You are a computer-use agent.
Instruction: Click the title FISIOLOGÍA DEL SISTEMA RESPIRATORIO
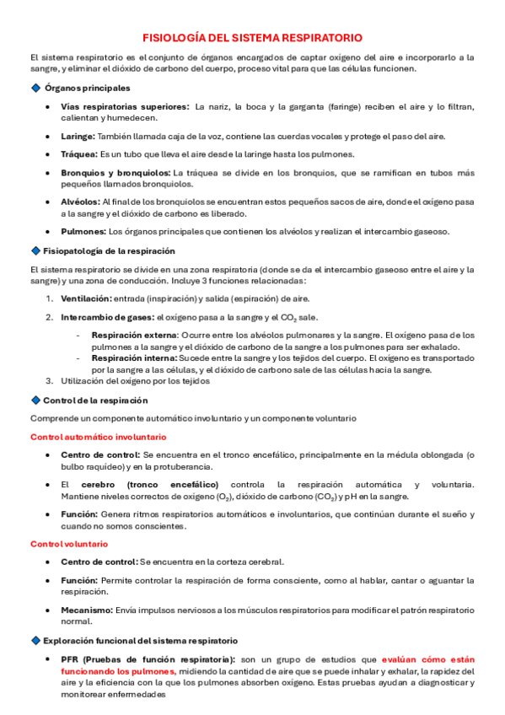pyautogui.click(x=252, y=38)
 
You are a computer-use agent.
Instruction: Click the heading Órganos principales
pyautogui.click(x=88, y=88)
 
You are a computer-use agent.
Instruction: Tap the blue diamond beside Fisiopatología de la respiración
pyautogui.click(x=35, y=250)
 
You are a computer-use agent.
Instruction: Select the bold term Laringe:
pyautogui.click(x=78, y=137)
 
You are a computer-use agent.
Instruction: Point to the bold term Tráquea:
pyautogui.click(x=79, y=154)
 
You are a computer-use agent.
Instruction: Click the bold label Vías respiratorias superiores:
pyautogui.click(x=125, y=106)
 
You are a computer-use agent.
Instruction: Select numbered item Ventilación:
pyautogui.click(x=86, y=298)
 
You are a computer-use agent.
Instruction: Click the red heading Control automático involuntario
pyautogui.click(x=98, y=437)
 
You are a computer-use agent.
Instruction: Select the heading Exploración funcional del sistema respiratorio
pyautogui.click(x=140, y=641)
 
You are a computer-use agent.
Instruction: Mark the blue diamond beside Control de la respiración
pyautogui.click(x=35, y=400)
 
